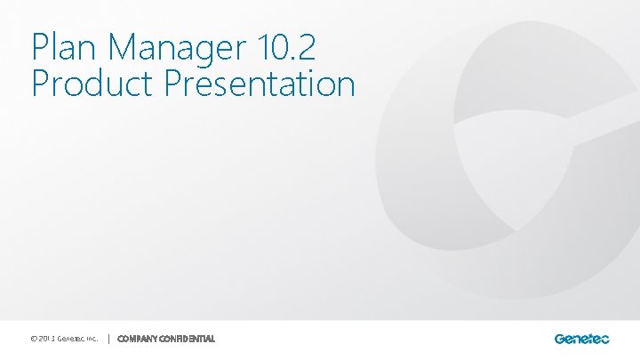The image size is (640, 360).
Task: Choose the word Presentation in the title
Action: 260,84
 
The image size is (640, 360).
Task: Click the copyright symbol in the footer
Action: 34,339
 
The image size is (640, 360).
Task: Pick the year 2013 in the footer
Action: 48,339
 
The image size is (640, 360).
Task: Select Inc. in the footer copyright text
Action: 92,339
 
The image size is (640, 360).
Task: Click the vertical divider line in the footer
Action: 108,339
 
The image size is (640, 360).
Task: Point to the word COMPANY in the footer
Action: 137,339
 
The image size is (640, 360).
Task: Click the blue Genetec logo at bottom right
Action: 581,339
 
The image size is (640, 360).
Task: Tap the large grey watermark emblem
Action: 498,169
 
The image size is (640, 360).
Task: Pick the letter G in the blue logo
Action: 560,339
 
